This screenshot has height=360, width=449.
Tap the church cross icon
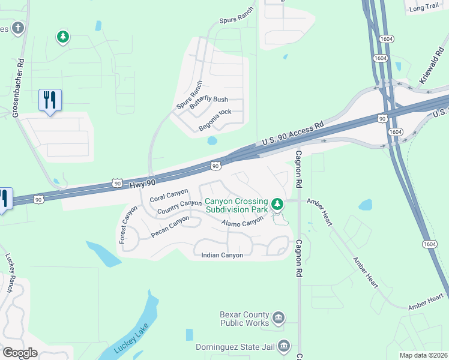(19, 28)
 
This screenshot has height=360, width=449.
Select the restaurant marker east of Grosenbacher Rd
(50, 100)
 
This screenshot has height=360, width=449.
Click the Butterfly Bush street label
(209, 100)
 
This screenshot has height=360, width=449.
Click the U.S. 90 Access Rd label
(292, 134)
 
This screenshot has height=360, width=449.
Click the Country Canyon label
(179, 207)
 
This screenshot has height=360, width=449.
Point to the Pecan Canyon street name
(170, 226)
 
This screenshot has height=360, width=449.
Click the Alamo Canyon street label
(243, 223)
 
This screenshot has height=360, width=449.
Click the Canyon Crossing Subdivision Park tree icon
(277, 205)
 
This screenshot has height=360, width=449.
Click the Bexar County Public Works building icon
(278, 317)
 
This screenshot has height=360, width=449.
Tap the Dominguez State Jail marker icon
(284, 346)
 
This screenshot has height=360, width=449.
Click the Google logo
(20, 353)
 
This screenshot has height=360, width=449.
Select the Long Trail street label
(424, 7)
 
